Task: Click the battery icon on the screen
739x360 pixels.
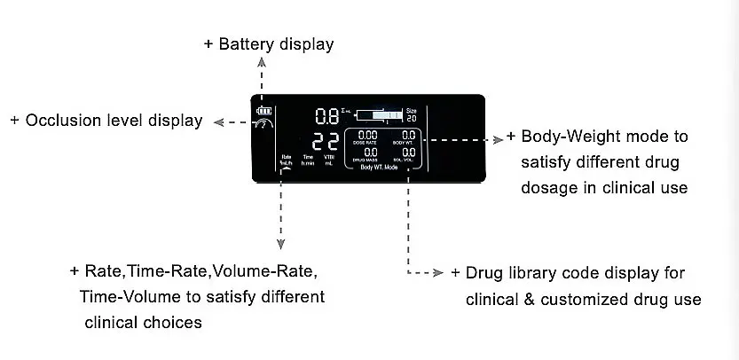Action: (261, 111)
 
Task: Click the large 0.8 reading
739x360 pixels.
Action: (326, 115)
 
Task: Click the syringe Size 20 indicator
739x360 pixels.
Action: (411, 115)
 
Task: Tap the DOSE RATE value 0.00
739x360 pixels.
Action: (366, 136)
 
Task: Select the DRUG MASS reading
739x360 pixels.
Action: (366, 153)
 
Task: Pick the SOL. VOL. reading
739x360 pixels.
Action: (407, 153)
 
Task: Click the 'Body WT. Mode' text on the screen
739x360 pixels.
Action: (379, 167)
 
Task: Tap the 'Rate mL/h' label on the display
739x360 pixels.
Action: (286, 160)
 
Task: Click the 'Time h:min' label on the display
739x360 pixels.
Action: (308, 160)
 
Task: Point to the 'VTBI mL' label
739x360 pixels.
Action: (329, 160)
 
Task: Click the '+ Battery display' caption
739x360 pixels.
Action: (269, 43)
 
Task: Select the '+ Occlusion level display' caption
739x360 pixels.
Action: (106, 121)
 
